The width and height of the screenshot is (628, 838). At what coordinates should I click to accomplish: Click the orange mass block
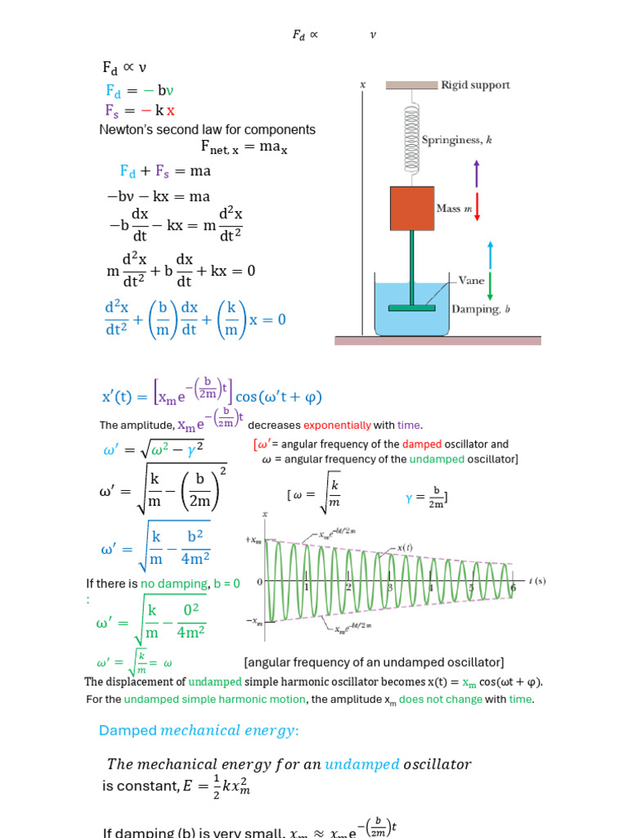411,208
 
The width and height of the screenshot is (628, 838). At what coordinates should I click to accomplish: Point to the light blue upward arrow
490,255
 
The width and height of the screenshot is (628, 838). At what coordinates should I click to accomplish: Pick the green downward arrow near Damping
490,286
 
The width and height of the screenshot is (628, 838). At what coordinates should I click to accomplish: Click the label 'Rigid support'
475,85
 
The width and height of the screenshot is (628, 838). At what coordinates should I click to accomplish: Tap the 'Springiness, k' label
457,140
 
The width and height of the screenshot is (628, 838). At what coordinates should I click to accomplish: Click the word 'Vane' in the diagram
471,279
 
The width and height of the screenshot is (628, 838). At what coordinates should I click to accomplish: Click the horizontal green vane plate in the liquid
411,308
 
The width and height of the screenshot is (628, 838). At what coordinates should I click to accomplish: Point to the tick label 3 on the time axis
390,588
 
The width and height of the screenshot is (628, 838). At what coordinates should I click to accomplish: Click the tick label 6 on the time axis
513,588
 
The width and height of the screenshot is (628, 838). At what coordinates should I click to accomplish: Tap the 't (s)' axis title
537,581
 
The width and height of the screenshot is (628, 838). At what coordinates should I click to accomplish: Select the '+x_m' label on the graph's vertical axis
253,540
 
